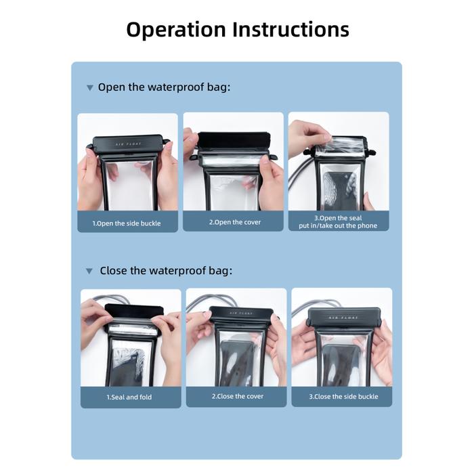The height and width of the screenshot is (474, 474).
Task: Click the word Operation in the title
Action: [176, 30]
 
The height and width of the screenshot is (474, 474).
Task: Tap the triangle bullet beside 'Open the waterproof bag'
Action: [89, 88]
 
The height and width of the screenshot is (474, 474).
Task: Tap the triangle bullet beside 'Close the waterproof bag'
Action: [89, 272]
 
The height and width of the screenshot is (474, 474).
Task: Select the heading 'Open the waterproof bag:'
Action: [164, 87]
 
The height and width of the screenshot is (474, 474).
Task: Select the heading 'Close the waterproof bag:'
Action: [166, 271]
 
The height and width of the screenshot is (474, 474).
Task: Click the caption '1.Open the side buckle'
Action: [127, 223]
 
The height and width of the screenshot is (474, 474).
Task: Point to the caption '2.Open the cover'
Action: [234, 222]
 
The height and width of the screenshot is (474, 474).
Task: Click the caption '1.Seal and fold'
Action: [129, 397]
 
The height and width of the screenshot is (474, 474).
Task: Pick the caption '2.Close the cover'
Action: [237, 397]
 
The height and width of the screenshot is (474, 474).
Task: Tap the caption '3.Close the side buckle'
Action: [343, 397]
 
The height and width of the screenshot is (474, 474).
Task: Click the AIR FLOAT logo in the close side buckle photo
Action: [341, 318]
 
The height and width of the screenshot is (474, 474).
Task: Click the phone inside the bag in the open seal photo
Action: [339, 190]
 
